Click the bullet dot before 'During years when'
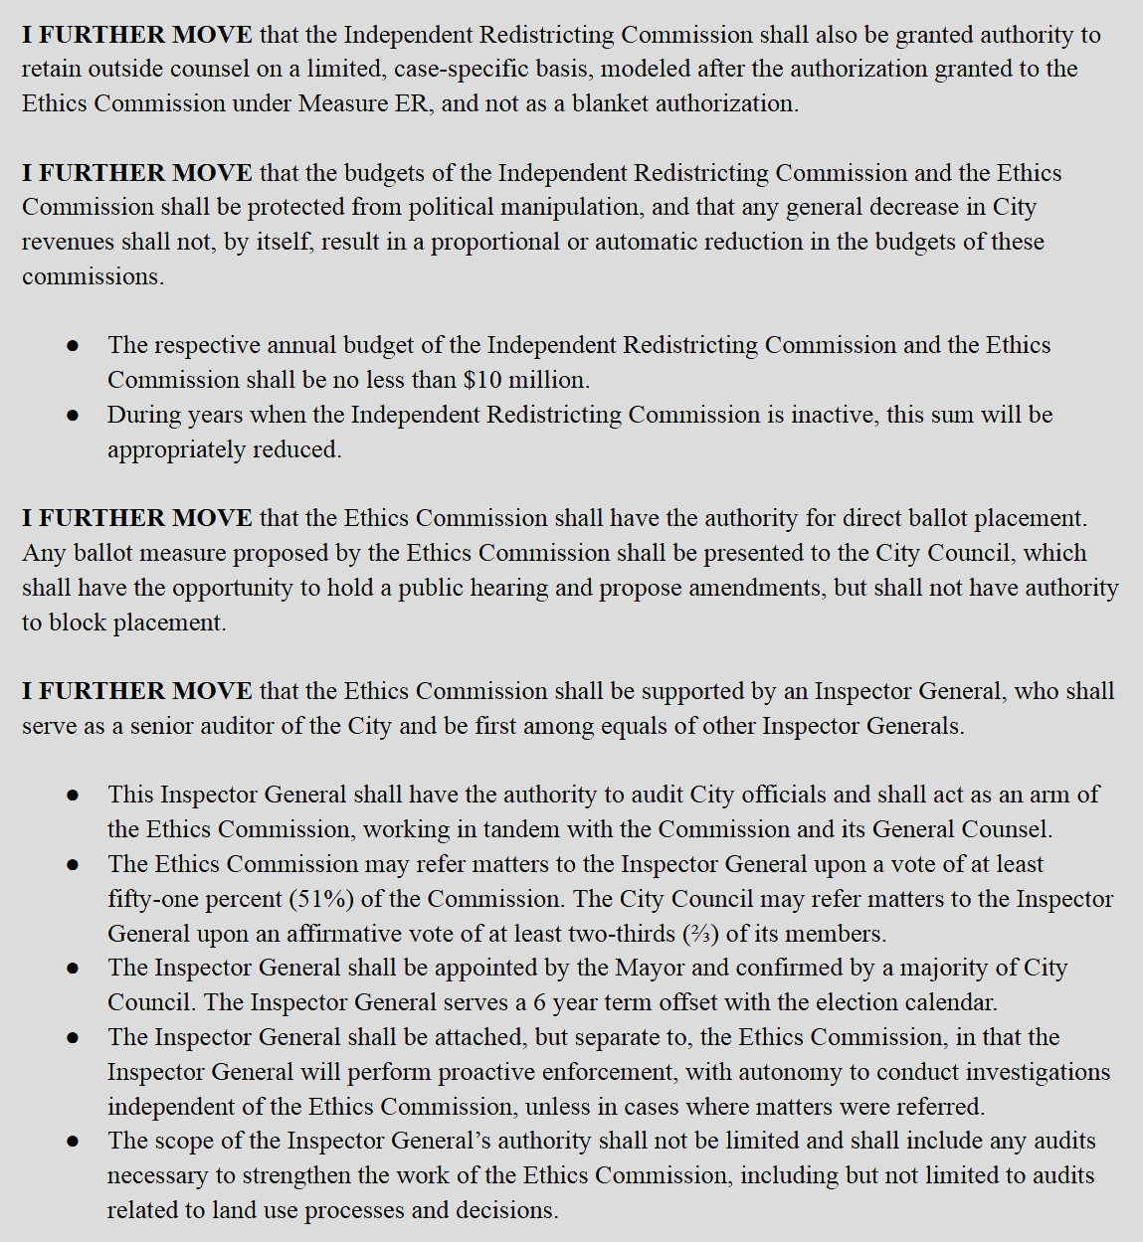point(73,416)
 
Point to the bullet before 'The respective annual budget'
point(73,346)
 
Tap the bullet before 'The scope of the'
point(73,1142)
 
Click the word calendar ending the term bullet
point(955,1002)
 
